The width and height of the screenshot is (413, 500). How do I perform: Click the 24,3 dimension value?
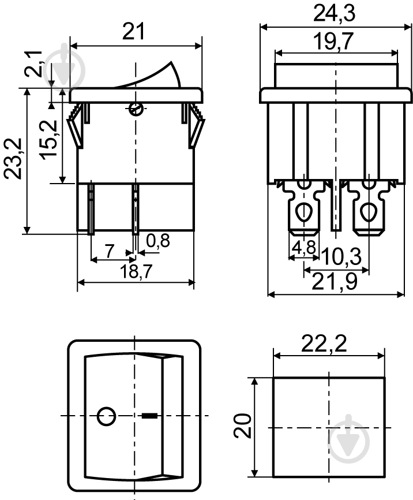pyautogui.click(x=334, y=13)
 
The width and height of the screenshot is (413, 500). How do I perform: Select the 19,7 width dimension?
pyautogui.click(x=333, y=42)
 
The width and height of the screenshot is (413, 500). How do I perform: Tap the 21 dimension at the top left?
pyautogui.click(x=134, y=31)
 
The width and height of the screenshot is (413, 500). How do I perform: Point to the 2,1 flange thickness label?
pyautogui.click(x=33, y=64)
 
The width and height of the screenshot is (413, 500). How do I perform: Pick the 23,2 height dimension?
pyautogui.click(x=13, y=159)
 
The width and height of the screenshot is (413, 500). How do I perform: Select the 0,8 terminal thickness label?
pyautogui.click(x=158, y=240)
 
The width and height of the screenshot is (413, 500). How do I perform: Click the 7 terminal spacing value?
pyautogui.click(x=109, y=251)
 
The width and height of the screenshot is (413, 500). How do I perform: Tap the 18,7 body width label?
pyautogui.click(x=136, y=271)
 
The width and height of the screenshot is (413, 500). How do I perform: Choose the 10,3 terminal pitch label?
pyautogui.click(x=341, y=257)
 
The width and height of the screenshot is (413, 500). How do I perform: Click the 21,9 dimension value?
pyautogui.click(x=335, y=282)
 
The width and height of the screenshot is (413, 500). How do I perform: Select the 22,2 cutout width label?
pyautogui.click(x=324, y=344)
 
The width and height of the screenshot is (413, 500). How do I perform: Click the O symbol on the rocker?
pyautogui.click(x=106, y=416)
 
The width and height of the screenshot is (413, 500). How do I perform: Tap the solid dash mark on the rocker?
pyautogui.click(x=149, y=416)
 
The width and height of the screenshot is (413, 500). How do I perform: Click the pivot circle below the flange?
pyautogui.click(x=136, y=109)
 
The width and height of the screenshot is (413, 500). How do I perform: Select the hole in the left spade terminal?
pyautogui.click(x=305, y=212)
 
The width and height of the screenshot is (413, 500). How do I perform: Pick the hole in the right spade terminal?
pyautogui.click(x=369, y=212)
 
